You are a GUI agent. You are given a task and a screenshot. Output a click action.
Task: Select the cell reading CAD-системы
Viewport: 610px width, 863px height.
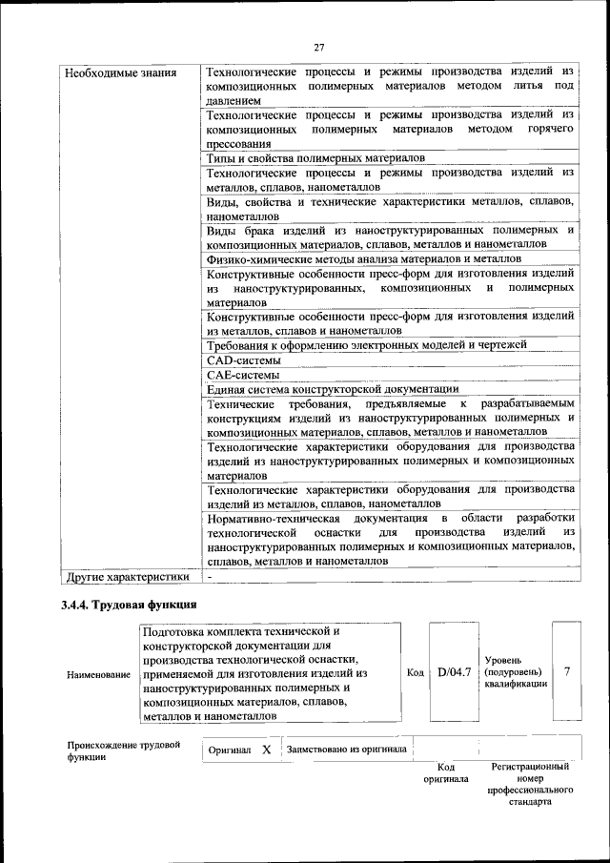(243, 360)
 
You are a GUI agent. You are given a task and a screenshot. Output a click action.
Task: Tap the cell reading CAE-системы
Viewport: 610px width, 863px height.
(243, 375)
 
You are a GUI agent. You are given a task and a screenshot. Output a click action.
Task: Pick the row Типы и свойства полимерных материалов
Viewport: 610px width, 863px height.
(315, 157)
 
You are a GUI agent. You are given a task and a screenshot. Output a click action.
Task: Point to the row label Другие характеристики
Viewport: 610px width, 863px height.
(126, 577)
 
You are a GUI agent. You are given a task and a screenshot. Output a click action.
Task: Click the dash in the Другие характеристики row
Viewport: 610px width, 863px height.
(210, 577)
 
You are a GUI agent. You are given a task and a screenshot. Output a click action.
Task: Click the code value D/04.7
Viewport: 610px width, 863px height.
(455, 672)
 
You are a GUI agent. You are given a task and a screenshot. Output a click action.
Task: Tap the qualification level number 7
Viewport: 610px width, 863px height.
(567, 672)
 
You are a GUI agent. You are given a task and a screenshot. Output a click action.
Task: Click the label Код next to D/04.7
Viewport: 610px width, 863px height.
(416, 672)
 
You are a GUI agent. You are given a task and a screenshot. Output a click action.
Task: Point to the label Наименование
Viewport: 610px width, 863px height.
(99, 674)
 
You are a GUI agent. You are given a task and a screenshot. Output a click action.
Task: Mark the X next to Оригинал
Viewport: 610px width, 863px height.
(267, 750)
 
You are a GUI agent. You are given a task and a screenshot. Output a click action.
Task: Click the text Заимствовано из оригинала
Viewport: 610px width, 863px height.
(347, 750)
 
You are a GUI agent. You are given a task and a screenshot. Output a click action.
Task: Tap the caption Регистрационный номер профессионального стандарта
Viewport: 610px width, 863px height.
(530, 784)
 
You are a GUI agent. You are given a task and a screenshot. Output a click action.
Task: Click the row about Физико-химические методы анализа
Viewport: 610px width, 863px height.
(364, 258)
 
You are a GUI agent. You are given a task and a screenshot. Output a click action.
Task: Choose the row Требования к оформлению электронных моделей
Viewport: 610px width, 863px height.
(366, 345)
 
